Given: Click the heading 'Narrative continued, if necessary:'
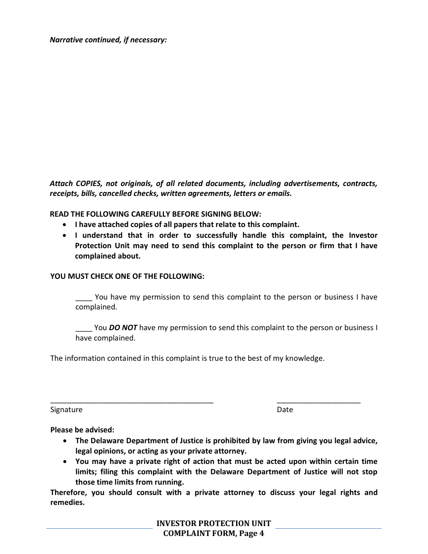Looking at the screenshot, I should pyautogui.click(x=108, y=40).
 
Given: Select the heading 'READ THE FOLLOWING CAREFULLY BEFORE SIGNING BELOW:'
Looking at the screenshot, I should pyautogui.click(x=155, y=214).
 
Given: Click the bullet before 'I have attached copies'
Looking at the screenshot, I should pyautogui.click(x=66, y=224).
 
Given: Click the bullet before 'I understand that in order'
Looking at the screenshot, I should pyautogui.click(x=66, y=235).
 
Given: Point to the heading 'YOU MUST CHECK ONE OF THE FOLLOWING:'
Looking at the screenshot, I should pyautogui.click(x=127, y=276).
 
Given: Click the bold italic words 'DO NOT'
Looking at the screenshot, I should pyautogui.click(x=123, y=328).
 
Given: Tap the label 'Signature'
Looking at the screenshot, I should pyautogui.click(x=66, y=409).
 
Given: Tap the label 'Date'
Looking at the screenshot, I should pyautogui.click(x=285, y=409).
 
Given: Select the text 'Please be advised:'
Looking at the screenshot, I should pyautogui.click(x=82, y=430).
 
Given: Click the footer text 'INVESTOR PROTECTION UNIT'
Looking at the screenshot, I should pyautogui.click(x=214, y=523).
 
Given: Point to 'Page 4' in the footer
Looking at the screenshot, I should pyautogui.click(x=252, y=534).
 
